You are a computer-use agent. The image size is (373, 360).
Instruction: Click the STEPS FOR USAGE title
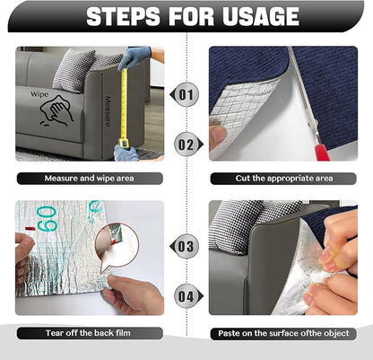coord(186,17)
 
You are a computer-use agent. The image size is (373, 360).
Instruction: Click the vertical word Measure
coord(108,112)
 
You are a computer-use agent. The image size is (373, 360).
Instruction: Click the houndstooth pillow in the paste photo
coord(238,224)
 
